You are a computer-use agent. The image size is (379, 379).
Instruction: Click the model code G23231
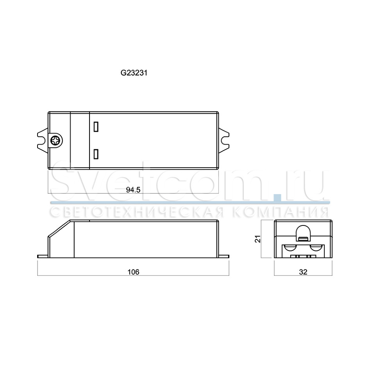click(x=134, y=73)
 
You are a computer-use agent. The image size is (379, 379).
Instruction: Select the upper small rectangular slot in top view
click(x=96, y=127)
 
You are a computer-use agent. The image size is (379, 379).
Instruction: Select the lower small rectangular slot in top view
click(x=96, y=154)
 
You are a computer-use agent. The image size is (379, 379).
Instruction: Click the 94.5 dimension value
click(x=133, y=190)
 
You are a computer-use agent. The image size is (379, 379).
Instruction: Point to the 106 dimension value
click(x=133, y=272)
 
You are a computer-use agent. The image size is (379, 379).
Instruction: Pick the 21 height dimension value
click(x=258, y=239)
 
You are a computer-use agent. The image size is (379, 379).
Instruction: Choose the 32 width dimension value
click(x=303, y=272)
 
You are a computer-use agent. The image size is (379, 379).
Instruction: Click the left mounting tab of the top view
click(x=43, y=140)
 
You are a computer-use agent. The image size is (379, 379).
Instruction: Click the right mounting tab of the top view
click(x=224, y=140)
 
